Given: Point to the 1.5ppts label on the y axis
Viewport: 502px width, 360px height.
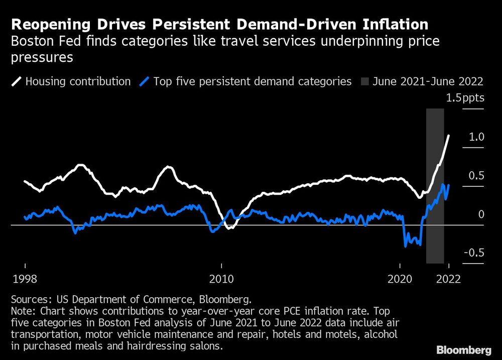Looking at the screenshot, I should [x=465, y=98].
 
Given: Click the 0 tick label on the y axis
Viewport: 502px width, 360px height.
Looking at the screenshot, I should [x=481, y=214].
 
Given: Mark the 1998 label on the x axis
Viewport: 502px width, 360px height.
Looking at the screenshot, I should [x=24, y=279].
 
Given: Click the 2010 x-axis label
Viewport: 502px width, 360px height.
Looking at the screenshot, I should [x=221, y=279].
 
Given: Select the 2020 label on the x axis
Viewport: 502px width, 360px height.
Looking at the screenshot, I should [x=400, y=279].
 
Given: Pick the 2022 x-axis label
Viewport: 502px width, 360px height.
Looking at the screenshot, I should [x=448, y=279].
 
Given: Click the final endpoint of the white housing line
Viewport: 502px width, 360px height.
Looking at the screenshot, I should [x=449, y=135].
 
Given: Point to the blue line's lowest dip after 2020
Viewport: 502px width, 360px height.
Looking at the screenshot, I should [x=405, y=246].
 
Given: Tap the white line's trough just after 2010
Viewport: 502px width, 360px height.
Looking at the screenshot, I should [x=229, y=228].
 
